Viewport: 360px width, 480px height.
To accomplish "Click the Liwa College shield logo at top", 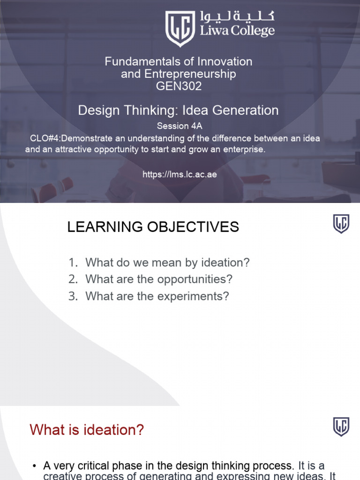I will coord(180,28).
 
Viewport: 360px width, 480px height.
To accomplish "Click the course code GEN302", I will coord(178,86).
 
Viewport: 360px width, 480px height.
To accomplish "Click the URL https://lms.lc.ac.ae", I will coord(180,174).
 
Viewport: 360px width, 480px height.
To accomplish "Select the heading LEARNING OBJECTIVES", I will coord(153,227).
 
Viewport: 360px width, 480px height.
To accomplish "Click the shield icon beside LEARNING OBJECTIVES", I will coord(341,224).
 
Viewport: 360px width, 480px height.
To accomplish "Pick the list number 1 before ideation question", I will coord(72,262).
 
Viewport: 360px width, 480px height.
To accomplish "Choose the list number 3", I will coord(72,296).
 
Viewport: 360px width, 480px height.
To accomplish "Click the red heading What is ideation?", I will coord(87,429).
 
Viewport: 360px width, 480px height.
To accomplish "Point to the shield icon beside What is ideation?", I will coord(341,427).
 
